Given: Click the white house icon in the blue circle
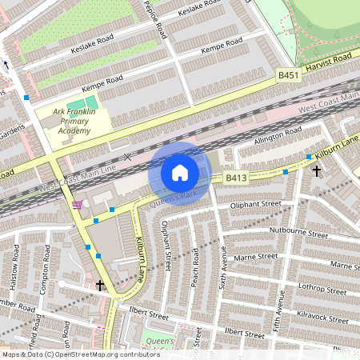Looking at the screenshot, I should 180,173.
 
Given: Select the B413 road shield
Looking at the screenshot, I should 234,177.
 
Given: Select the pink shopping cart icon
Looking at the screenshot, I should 77,206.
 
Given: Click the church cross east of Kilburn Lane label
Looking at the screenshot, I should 317,170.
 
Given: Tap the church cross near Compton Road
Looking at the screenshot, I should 100,285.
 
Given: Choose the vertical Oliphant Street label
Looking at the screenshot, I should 167,248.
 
